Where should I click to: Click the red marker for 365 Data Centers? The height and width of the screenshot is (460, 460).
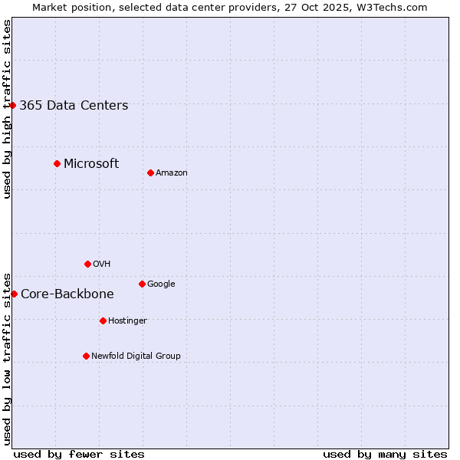click(13, 105)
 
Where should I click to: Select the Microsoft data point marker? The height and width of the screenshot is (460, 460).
click(57, 163)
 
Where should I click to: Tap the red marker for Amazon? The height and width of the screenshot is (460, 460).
click(150, 172)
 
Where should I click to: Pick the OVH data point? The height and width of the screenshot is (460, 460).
click(87, 264)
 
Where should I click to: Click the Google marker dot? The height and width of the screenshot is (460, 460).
click(142, 284)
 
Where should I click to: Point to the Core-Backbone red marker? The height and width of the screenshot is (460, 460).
click(14, 294)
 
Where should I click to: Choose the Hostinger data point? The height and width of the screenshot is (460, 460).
click(103, 320)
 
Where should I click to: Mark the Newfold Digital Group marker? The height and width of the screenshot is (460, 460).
click(86, 356)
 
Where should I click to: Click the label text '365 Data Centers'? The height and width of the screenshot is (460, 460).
click(74, 106)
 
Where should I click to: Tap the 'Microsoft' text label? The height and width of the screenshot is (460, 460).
click(91, 163)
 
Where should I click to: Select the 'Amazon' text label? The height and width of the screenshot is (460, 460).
click(172, 173)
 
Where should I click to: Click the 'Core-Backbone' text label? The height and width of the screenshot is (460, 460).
click(67, 294)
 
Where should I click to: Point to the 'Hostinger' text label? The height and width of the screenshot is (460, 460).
click(127, 321)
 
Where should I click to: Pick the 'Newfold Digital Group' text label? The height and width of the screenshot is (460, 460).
click(136, 356)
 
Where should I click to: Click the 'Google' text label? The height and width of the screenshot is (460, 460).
click(161, 284)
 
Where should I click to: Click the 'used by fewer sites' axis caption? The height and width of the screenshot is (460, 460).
click(79, 454)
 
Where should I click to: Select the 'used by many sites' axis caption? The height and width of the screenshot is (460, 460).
click(385, 454)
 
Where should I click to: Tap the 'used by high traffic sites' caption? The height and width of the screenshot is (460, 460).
click(7, 109)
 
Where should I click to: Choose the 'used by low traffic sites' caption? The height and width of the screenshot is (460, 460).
click(7, 358)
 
